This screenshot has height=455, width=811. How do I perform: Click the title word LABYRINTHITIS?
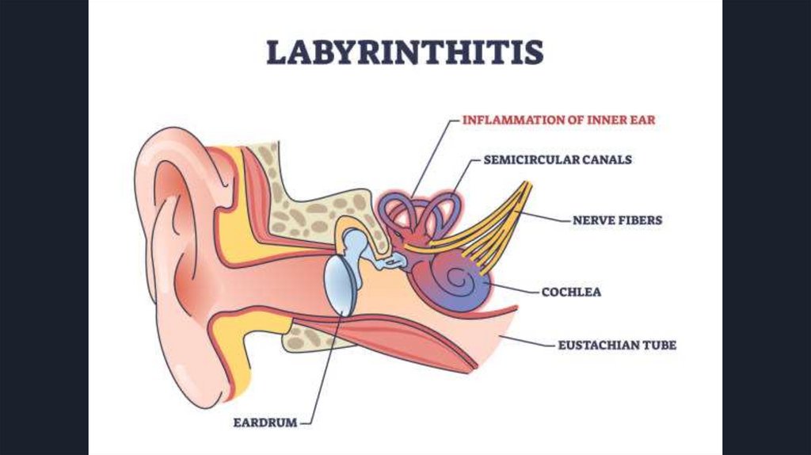coord(405,52)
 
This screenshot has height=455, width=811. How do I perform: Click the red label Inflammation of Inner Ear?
coord(559,120)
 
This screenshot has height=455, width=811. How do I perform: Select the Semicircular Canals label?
coord(558,159)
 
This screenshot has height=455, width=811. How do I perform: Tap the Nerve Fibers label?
coord(617,220)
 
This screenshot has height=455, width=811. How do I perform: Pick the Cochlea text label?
coord(571,292)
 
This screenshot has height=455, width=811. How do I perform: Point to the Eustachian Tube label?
coord(617,345)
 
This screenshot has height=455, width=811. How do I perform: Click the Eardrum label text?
coord(265,422)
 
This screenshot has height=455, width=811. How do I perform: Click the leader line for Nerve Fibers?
coord(546,216)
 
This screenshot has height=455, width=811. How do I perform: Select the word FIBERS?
coord(640,220)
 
